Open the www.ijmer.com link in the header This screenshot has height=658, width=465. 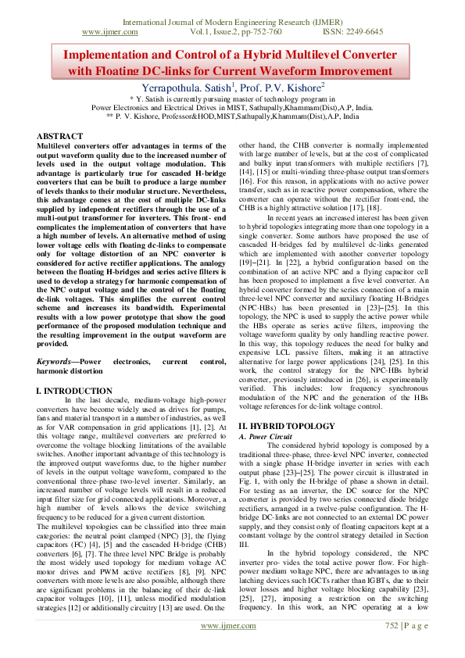pos(109,32)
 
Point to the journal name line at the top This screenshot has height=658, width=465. pos(232,22)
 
